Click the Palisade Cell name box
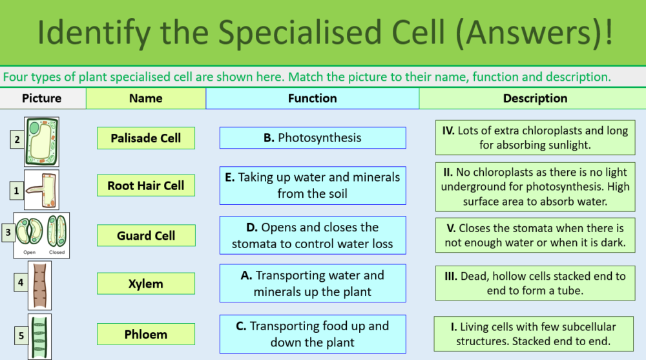(x=145, y=138)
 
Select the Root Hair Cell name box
(x=145, y=186)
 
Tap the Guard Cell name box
(x=145, y=236)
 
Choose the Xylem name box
(x=145, y=284)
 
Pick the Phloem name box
(x=145, y=334)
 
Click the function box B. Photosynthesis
(x=313, y=138)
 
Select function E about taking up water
(x=313, y=185)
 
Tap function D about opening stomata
(x=313, y=236)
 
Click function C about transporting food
(x=313, y=334)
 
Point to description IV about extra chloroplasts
(x=535, y=138)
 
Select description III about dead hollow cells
(x=535, y=283)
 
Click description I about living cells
(x=535, y=334)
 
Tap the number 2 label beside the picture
(x=17, y=140)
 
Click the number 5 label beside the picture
(x=21, y=336)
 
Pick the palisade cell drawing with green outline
(x=41, y=142)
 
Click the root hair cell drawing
(x=41, y=189)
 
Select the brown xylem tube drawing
(x=40, y=284)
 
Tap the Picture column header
(x=42, y=99)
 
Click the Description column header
(x=535, y=99)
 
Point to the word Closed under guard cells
(x=57, y=253)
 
